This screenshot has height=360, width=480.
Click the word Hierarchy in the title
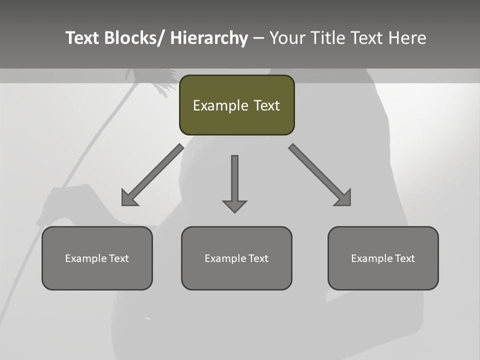(209, 38)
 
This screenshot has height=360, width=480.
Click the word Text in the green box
(266, 105)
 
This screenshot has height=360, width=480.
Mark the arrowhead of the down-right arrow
(343, 198)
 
